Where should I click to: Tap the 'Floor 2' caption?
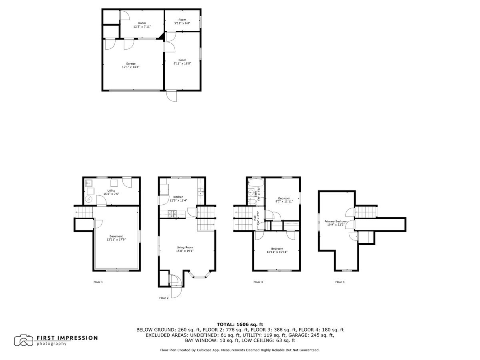(x=164, y=298)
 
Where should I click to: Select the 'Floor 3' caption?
(x=258, y=282)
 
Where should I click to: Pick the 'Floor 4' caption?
(x=340, y=282)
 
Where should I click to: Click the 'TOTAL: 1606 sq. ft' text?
(x=240, y=324)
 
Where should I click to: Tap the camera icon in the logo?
(x=24, y=340)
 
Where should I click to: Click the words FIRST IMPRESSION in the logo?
(x=67, y=338)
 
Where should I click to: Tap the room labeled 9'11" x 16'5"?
(x=182, y=62)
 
